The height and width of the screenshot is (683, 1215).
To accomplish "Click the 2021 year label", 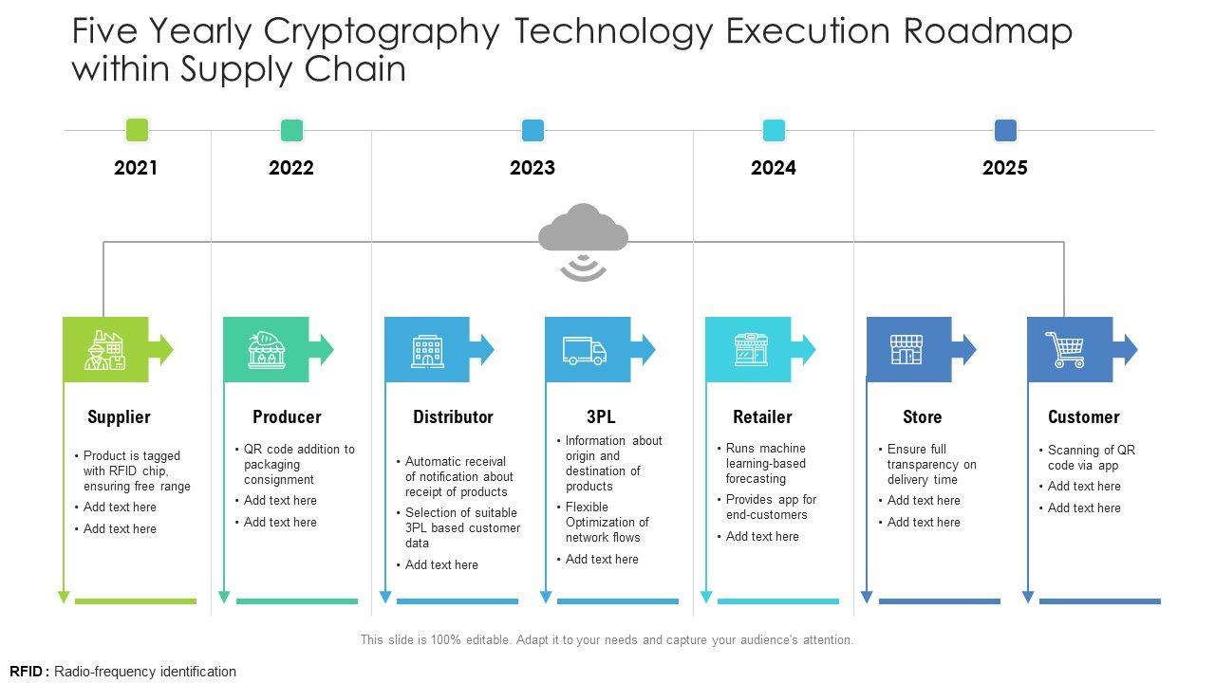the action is pyautogui.click(x=136, y=168).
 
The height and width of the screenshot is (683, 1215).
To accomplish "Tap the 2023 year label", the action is pyautogui.click(x=533, y=168).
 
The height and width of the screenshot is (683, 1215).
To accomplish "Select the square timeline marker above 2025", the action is pyautogui.click(x=1005, y=130).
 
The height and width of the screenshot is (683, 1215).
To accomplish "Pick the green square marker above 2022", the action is pyautogui.click(x=291, y=130).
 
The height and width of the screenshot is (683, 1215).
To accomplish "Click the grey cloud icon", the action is pyautogui.click(x=583, y=229).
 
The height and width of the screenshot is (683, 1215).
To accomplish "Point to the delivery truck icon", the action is pyautogui.click(x=584, y=350).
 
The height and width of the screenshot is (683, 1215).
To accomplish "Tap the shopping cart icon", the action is pyautogui.click(x=1065, y=350).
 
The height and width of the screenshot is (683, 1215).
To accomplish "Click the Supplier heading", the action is pyautogui.click(x=119, y=416).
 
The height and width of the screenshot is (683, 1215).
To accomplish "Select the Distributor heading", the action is pyautogui.click(x=453, y=416).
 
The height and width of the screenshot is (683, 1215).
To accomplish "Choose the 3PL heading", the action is pyautogui.click(x=601, y=416).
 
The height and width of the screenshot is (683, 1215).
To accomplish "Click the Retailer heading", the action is pyautogui.click(x=762, y=416).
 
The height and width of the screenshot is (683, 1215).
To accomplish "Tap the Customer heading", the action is pyautogui.click(x=1083, y=416).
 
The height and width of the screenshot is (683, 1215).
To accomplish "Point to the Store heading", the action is pyautogui.click(x=922, y=416).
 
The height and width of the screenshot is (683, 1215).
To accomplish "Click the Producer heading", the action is pyautogui.click(x=287, y=416).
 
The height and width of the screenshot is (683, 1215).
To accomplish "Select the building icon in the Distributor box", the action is pyautogui.click(x=427, y=350).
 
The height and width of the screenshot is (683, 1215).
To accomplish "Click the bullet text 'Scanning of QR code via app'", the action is pyautogui.click(x=1091, y=457).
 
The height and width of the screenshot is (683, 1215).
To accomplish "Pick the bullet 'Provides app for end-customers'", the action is pyautogui.click(x=771, y=507).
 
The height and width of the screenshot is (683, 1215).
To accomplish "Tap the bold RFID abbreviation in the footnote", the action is pyautogui.click(x=27, y=672).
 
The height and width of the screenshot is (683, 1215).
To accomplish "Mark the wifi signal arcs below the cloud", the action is pyautogui.click(x=583, y=268).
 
